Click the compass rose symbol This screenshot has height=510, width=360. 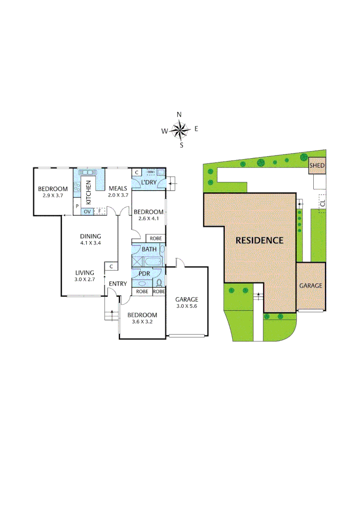pyautogui.click(x=180, y=129)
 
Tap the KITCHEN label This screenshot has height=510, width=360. pyautogui.click(x=88, y=190)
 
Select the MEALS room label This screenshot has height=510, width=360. pyautogui.click(x=117, y=188)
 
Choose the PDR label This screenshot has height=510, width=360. pyautogui.click(x=144, y=273)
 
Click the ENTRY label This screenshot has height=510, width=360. pyautogui.click(x=117, y=283)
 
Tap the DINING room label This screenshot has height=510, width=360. pyautogui.click(x=91, y=236)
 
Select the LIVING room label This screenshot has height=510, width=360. pyautogui.click(x=85, y=272)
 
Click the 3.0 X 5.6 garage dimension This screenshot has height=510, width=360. pyautogui.click(x=187, y=306)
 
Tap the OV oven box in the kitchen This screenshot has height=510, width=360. pyautogui.click(x=87, y=212)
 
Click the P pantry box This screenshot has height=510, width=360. pyautogui.click(x=76, y=207)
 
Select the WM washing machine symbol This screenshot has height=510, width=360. pyautogui.click(x=151, y=172)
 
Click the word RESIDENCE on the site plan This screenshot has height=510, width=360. pyautogui.click(x=260, y=240)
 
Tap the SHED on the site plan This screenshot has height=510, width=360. pyautogui.click(x=317, y=166)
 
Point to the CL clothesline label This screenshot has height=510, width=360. pyautogui.click(x=322, y=204)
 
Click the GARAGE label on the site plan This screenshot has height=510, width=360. pyautogui.click(x=310, y=286)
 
